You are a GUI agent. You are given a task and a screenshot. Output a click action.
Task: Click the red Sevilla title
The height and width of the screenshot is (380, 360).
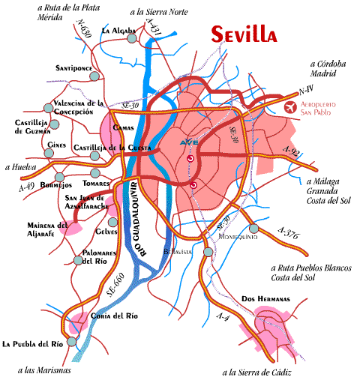click(x=244, y=34)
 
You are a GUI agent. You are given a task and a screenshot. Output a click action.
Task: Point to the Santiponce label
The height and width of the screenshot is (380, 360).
click(x=73, y=67)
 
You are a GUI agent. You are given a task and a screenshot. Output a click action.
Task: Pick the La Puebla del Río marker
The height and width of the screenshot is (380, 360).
click(x=72, y=340)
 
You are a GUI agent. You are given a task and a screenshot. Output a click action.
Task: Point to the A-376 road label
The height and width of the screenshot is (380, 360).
click(x=288, y=234)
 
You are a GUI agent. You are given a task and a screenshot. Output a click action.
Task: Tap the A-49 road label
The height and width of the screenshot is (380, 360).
click(x=25, y=187)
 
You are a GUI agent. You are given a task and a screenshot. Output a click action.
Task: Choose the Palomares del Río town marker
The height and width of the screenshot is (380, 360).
click(x=78, y=261)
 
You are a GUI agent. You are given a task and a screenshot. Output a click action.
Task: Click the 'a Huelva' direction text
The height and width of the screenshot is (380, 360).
click(x=20, y=168)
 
